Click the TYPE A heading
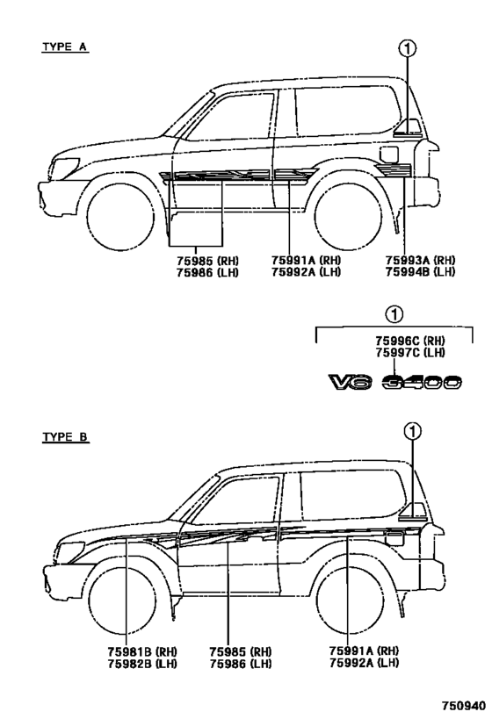pyautogui.click(x=65, y=47)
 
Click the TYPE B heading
pyautogui.click(x=65, y=437)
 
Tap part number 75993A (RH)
pyautogui.click(x=421, y=261)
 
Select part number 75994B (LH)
pyautogui.click(x=421, y=272)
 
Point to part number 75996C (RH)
pyautogui.click(x=410, y=342)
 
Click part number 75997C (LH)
pyautogui.click(x=410, y=353)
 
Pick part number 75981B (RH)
pyautogui.click(x=142, y=651)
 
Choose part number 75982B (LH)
pyautogui.click(x=142, y=663)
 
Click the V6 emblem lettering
pyautogui.click(x=351, y=382)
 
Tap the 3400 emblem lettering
pyautogui.click(x=422, y=382)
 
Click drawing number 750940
pyautogui.click(x=464, y=705)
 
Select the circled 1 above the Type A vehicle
pyautogui.click(x=408, y=48)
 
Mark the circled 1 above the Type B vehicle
pyautogui.click(x=413, y=431)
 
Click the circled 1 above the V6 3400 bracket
pyautogui.click(x=394, y=314)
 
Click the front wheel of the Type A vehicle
pyautogui.click(x=120, y=217)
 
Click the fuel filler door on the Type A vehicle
pyautogui.click(x=389, y=155)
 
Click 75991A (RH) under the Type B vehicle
pyautogui.click(x=364, y=651)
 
